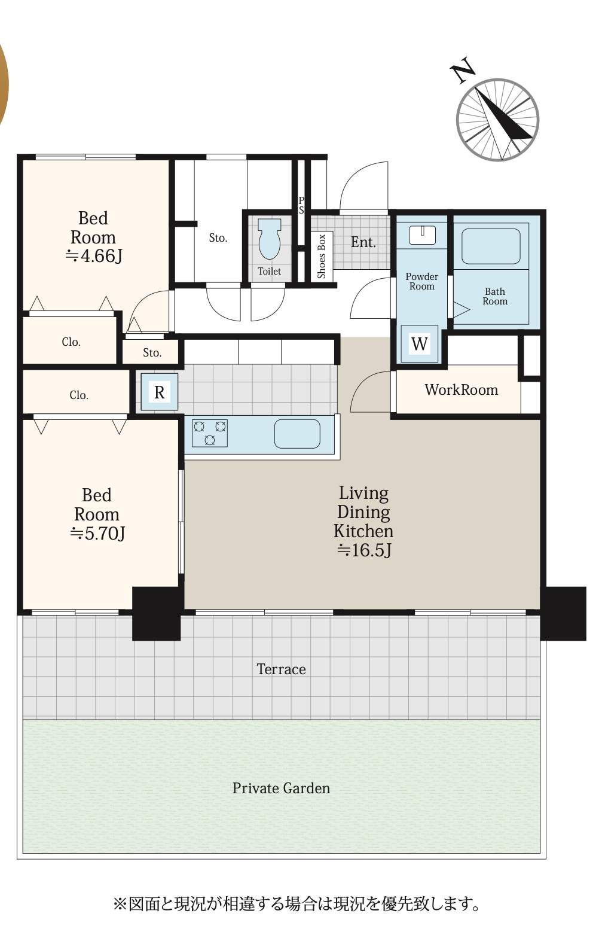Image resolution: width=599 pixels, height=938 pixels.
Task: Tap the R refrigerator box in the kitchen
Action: click(159, 392)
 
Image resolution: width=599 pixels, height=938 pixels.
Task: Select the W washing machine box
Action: click(419, 343)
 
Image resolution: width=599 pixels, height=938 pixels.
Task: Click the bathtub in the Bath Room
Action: click(491, 246)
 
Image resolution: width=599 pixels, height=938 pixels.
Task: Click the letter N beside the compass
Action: click(463, 71)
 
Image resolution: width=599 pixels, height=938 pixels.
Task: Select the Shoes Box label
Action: click(322, 256)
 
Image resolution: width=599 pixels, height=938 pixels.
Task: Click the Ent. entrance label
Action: click(363, 242)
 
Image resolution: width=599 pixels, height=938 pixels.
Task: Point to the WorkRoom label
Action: click(461, 390)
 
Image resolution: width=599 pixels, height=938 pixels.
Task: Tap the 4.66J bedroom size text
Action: click(94, 256)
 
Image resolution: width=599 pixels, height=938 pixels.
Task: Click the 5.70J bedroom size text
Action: click(97, 533)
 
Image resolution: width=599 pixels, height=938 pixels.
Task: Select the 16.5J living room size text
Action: click(363, 550)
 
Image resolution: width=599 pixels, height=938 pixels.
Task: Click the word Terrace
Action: click(281, 669)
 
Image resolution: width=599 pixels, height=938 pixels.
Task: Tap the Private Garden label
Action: click(281, 788)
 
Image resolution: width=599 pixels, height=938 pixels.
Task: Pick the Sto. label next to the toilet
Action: click(218, 238)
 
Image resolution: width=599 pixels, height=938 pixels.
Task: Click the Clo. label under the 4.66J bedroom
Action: click(71, 342)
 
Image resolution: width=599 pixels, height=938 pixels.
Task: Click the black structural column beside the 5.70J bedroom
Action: click(156, 613)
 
